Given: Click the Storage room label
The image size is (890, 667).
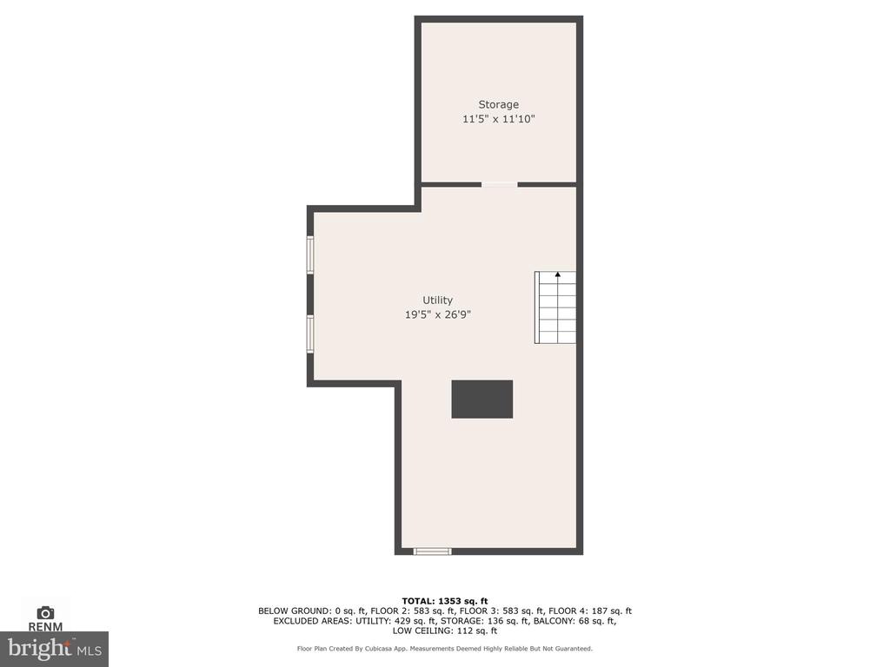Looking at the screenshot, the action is tap(498, 105).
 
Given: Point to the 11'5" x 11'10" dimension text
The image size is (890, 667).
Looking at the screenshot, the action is tap(498, 119).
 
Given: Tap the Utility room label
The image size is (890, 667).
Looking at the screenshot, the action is tap(438, 300).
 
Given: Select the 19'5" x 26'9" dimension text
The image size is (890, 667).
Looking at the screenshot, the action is tap(438, 314).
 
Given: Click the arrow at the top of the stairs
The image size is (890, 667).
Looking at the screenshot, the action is tap(558, 275).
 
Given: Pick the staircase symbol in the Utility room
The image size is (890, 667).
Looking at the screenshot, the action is tap(555, 307).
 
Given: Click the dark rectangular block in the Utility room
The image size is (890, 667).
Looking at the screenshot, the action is tap(482, 400).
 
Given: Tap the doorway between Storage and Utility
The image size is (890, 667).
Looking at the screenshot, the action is tap(500, 184).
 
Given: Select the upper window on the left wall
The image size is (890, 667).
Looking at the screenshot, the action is tap(310, 254).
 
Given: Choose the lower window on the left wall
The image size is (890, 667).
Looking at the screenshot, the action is tap(310, 334).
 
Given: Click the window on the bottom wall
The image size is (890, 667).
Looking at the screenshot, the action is tap(433, 551).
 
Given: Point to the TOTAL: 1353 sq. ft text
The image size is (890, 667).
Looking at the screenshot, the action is tap(445, 601).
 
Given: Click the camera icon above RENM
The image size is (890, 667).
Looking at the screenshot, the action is tap(45, 613).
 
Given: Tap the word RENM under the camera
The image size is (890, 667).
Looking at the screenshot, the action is tap(45, 627).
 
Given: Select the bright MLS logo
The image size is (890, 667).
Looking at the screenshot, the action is tap(55, 649).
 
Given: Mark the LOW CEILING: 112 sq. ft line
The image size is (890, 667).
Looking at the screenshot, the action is tap(445, 631).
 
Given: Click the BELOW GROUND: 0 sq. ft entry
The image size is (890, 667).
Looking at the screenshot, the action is tap(312, 611).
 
